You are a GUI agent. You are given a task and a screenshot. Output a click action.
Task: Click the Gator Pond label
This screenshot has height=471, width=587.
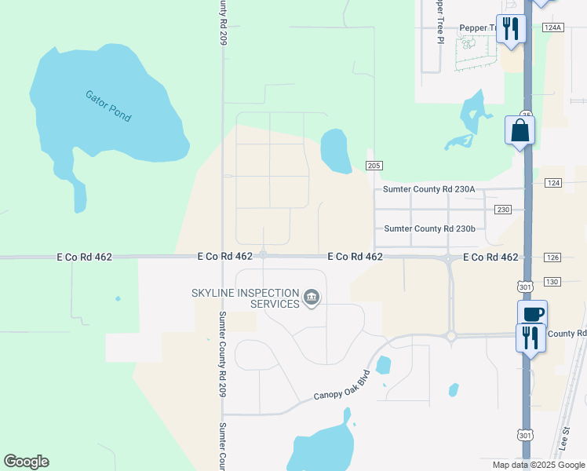pyautogui.click(x=108, y=106)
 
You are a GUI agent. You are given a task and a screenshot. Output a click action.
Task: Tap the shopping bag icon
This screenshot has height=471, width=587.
pyautogui.click(x=520, y=130)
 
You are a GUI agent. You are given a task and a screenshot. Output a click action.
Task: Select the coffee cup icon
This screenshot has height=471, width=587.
pyautogui.click(x=532, y=314)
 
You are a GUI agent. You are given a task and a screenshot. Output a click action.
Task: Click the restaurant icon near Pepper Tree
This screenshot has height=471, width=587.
pyautogui.click(x=511, y=29)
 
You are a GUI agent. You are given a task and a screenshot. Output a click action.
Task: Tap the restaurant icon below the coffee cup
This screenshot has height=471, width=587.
pyautogui.click(x=530, y=338)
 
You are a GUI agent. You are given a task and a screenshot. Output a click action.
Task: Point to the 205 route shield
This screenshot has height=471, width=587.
pyautogui.click(x=374, y=165)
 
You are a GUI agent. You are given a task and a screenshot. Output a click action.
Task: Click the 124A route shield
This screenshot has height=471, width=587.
pyautogui.click(x=552, y=27)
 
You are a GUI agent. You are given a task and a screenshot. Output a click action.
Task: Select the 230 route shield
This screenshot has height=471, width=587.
pyautogui.click(x=504, y=210)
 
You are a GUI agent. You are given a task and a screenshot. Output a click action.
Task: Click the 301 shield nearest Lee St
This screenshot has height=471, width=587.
pyautogui.click(x=525, y=435)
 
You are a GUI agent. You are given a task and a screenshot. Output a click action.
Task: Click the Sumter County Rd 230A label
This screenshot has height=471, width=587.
pyautogui.click(x=429, y=189)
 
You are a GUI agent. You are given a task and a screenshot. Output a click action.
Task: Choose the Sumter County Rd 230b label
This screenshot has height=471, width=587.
pyautogui.click(x=429, y=228)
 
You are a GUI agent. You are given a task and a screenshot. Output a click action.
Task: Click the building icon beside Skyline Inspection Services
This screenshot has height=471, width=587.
pyautogui.click(x=312, y=297)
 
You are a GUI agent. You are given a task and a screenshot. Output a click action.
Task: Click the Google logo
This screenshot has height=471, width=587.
pyautogui.click(x=27, y=462)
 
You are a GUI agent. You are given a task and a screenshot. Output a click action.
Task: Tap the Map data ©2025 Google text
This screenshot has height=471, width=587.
pyautogui.click(x=538, y=465)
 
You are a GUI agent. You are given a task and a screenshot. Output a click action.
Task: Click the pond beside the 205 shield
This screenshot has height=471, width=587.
pyautogui.click(x=336, y=151)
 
